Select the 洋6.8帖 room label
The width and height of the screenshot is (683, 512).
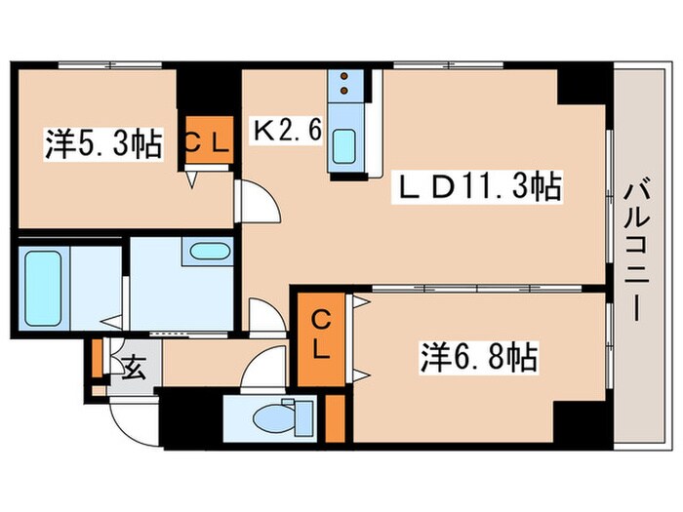click(x=479, y=358)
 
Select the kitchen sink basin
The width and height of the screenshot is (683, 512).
click(x=344, y=147)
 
